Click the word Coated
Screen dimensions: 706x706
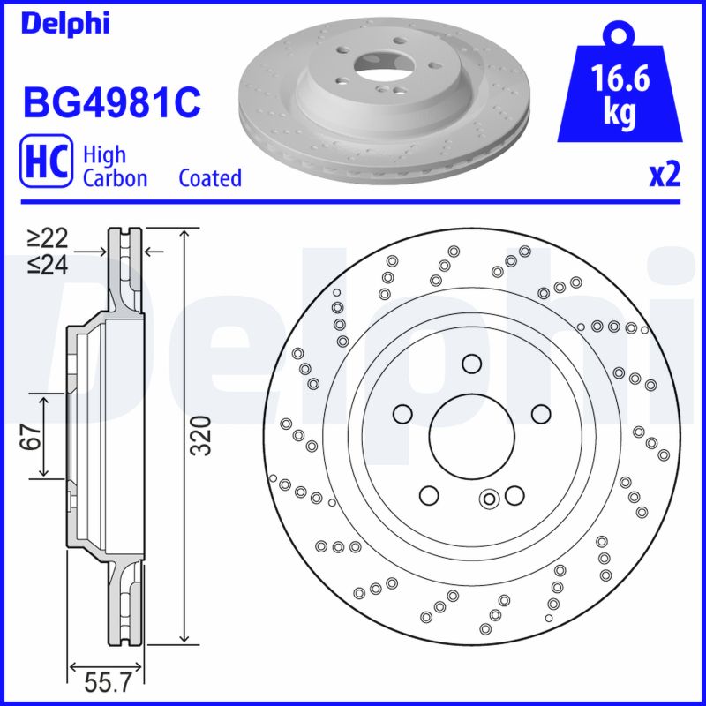pyautogui.click(x=210, y=178)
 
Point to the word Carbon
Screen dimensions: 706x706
pyautogui.click(x=115, y=178)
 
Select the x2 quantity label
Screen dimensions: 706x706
pyautogui.click(x=664, y=176)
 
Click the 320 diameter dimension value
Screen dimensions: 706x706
pyautogui.click(x=203, y=434)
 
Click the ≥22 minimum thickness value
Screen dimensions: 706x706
pyautogui.click(x=47, y=238)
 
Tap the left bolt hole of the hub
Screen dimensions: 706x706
pyautogui.click(x=402, y=414)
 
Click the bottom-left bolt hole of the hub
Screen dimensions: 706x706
pyautogui.click(x=429, y=495)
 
